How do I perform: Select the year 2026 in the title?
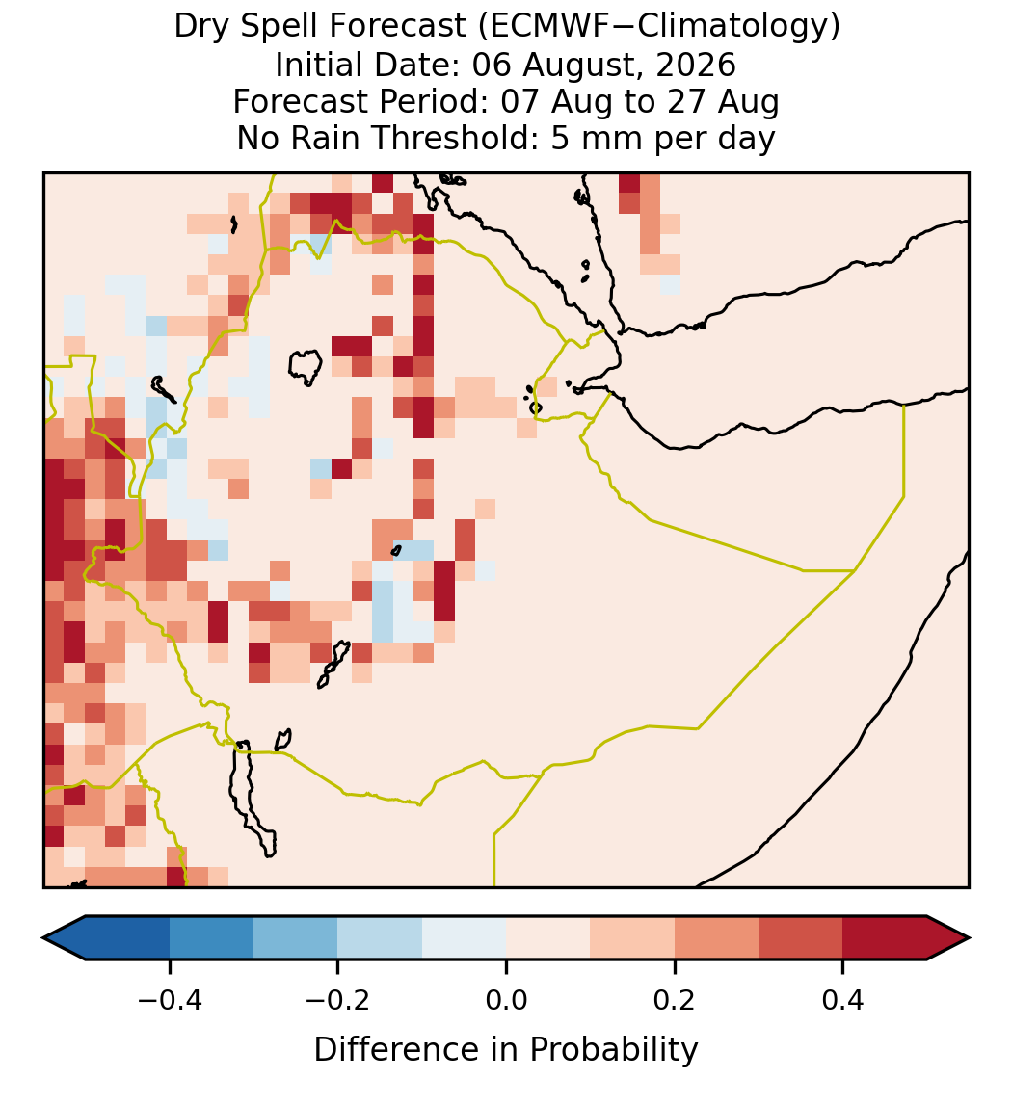696,65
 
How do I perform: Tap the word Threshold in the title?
455,138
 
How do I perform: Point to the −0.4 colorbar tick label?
169,1000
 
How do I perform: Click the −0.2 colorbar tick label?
337,1000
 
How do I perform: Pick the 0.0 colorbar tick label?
506,1000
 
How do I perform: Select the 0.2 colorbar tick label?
675,1000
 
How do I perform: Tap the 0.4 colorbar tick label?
843,1000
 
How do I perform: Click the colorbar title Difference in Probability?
506,1049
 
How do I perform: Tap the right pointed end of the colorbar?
969,938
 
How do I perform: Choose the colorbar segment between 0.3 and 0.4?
801,938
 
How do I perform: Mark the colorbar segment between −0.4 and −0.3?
211,938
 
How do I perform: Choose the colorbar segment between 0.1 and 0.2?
632,938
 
